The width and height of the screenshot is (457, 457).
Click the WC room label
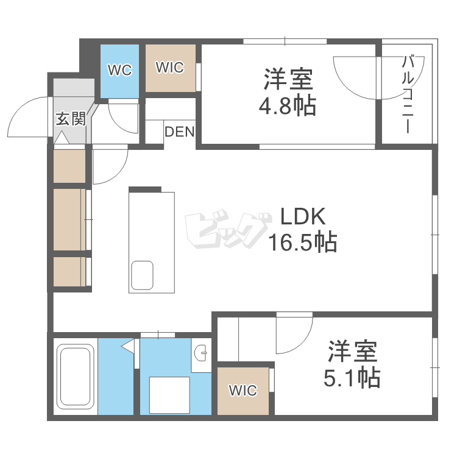(x=120, y=71)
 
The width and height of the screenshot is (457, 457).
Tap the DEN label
(x=179, y=131)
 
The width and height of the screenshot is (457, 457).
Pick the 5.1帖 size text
(x=353, y=378)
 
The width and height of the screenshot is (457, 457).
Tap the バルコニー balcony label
(x=408, y=94)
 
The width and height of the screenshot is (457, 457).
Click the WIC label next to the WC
(x=169, y=68)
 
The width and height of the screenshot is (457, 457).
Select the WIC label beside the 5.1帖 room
(x=243, y=390)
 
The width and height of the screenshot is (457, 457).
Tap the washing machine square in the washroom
(x=169, y=395)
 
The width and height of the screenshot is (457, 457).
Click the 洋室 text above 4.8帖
(x=288, y=79)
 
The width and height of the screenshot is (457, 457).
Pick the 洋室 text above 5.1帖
(x=353, y=352)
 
